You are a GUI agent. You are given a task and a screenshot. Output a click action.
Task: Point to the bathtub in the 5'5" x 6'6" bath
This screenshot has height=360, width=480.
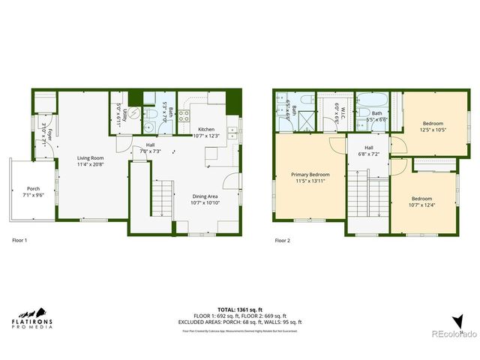click(x=373, y=100)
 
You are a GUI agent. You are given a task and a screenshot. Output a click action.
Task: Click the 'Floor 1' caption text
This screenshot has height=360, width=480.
click(x=20, y=241)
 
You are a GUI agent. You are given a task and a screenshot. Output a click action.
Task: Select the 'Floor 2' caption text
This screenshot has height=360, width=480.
click(x=282, y=241)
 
